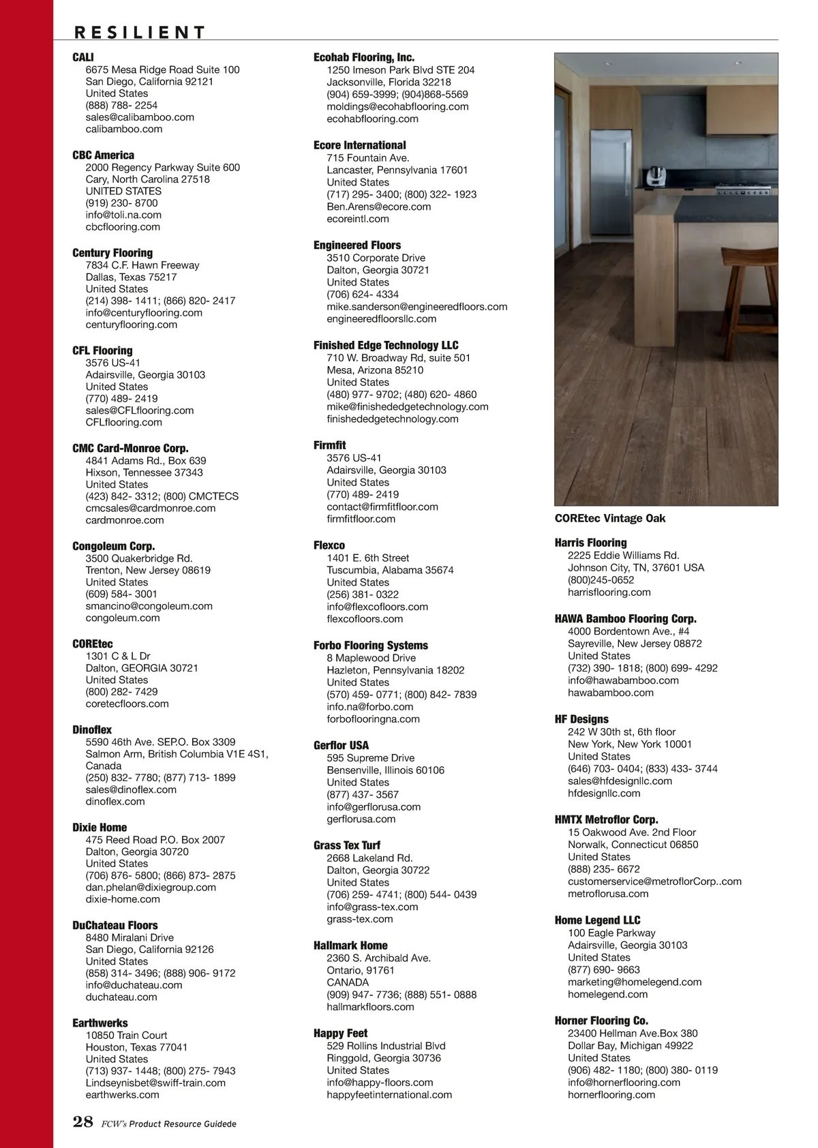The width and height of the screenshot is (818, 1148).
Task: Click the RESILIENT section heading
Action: [139, 32]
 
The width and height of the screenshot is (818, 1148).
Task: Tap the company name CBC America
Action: [103, 155]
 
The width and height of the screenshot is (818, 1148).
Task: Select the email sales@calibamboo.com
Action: [140, 117]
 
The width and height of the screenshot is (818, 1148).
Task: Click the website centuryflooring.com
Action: [132, 324]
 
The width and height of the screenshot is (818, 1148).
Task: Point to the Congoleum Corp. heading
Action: [113, 546]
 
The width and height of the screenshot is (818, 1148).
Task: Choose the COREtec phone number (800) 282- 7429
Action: [121, 691]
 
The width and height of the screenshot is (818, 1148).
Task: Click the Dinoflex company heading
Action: [92, 729]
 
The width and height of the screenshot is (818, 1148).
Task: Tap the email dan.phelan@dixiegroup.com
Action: [151, 887]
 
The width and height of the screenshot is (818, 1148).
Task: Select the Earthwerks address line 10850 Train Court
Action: [126, 1035]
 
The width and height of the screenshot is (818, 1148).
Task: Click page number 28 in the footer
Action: [82, 1122]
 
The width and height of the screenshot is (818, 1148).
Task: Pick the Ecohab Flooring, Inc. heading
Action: [363, 58]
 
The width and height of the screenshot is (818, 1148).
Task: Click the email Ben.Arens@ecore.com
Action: [378, 207]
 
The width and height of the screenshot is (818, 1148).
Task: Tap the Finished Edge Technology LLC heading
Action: [386, 346]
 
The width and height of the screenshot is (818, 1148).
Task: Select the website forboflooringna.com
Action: [373, 719]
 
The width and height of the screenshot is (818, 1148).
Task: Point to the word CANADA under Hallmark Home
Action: [348, 982]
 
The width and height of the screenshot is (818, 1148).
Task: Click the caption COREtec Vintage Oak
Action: [609, 518]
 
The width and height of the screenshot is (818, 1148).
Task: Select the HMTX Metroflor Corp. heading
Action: [606, 819]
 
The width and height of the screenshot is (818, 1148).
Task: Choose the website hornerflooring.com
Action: [611, 1095]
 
